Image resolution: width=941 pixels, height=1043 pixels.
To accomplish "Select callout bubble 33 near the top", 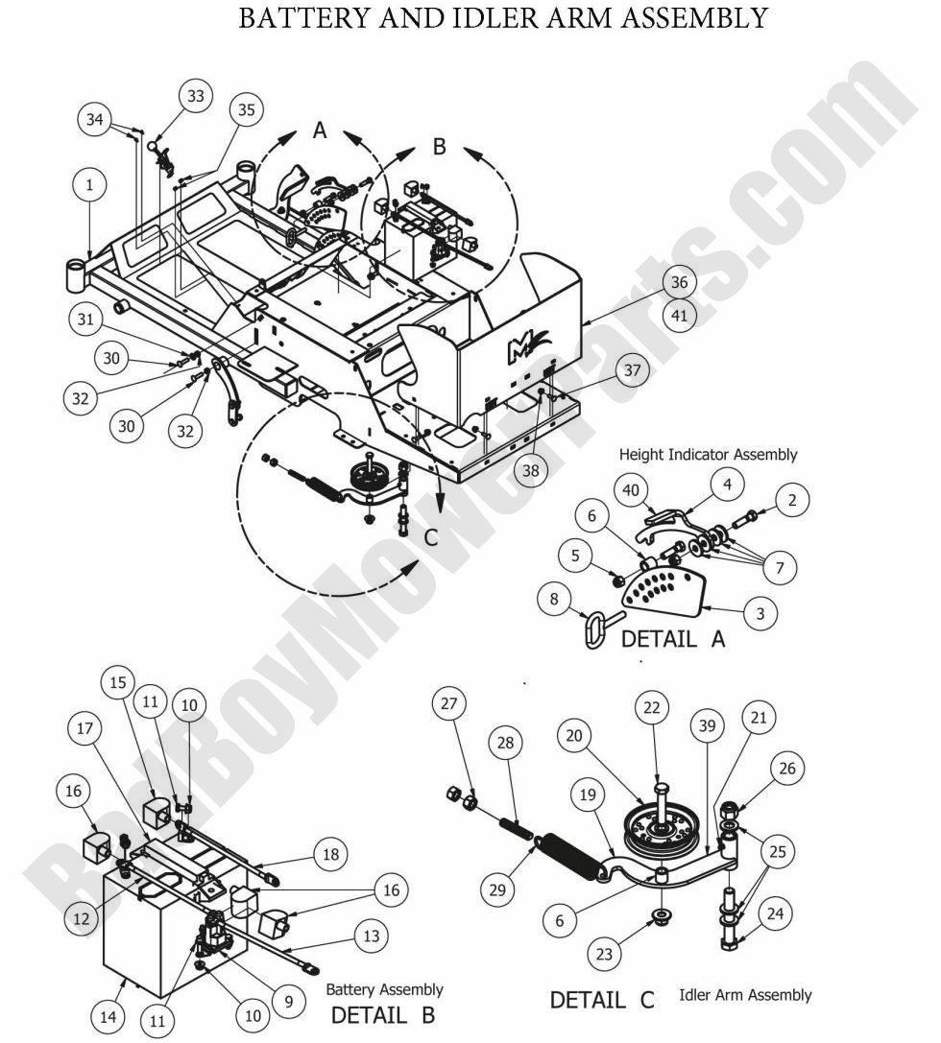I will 196,97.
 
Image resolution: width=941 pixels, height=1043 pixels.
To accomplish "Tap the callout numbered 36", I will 680,282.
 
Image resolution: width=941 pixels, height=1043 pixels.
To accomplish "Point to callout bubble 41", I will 680,315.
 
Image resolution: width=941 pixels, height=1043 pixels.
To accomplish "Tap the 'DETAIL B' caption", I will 383,1013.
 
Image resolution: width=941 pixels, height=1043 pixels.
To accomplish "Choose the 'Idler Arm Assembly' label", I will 744,995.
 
